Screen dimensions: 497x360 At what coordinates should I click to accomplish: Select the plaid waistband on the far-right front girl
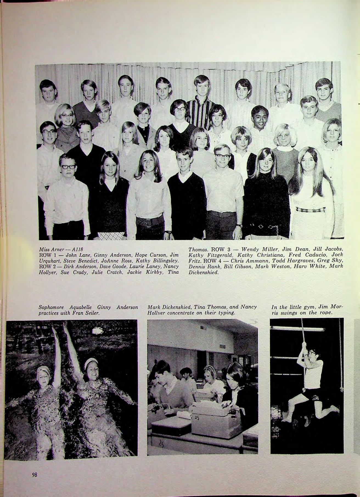pyautogui.click(x=310, y=210)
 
